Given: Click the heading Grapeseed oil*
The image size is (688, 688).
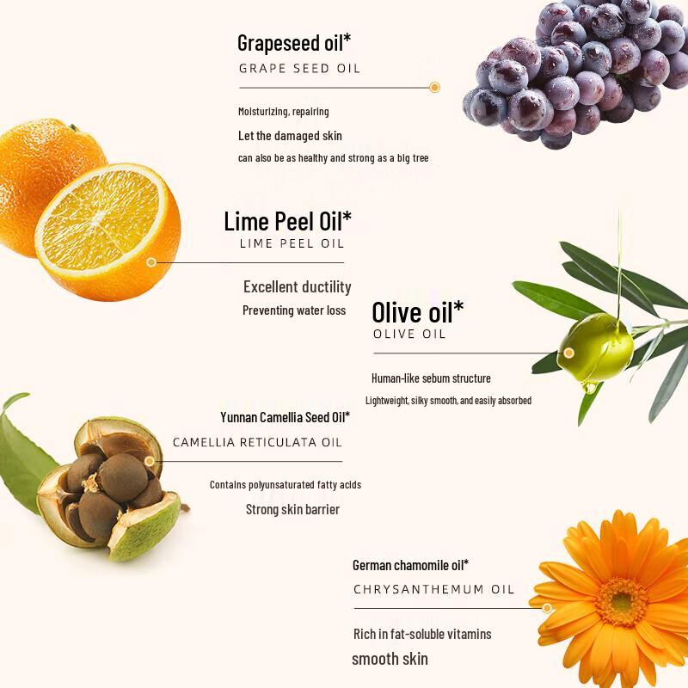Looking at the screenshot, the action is tap(294, 44).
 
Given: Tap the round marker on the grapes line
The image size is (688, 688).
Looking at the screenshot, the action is tap(434, 88).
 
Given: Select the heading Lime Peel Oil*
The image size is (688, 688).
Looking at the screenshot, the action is tap(287, 221).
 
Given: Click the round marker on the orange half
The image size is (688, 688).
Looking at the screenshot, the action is tap(151, 262).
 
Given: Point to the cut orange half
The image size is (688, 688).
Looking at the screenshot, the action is tap(108, 232).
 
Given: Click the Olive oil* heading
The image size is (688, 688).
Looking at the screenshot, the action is tap(418, 312).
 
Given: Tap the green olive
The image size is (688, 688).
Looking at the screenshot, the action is tap(595, 347).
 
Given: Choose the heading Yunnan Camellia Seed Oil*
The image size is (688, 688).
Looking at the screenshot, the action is tap(286, 417).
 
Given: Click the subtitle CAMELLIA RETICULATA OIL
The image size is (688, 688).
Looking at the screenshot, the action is tap(257, 442).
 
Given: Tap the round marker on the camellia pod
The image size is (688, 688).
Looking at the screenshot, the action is tap(150, 461).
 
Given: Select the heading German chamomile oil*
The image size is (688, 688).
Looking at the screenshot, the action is tap(411, 565).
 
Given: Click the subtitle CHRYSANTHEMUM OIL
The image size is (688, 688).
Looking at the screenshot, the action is tap(433, 589).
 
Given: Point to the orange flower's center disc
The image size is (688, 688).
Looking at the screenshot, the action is tap(621, 603).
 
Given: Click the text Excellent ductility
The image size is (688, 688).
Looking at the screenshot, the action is tap(298, 287).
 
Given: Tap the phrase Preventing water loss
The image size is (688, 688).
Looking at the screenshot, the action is tap(294, 310).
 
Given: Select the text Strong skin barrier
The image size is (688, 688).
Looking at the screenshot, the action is tap(292, 509).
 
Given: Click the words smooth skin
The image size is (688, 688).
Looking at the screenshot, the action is tap(390, 659).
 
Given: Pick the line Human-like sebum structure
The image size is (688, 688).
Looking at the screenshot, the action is tap(432, 378).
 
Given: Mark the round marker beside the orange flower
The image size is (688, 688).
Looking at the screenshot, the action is tap(547, 608).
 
